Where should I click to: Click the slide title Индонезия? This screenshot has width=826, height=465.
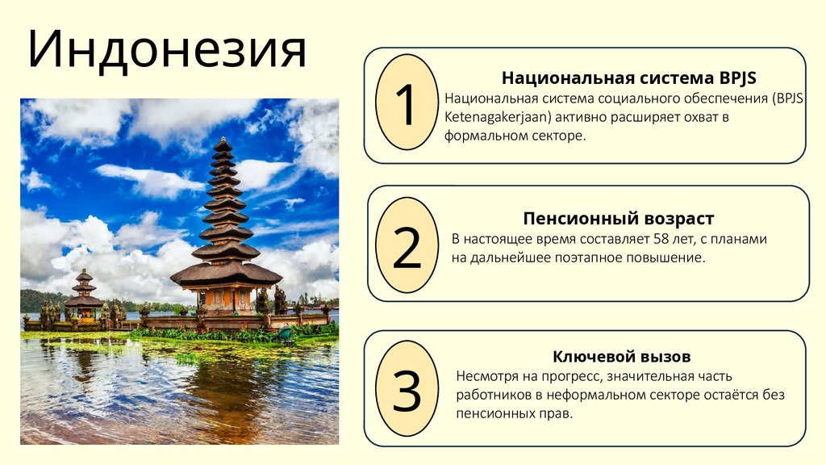(x=167, y=51)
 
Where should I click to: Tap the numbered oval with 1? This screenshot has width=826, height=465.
(x=407, y=103)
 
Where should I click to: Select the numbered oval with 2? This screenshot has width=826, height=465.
(x=407, y=246)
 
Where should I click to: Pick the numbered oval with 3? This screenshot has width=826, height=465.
(x=407, y=390)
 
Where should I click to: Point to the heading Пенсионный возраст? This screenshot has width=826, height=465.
(x=619, y=219)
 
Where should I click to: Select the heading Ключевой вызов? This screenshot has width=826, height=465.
(x=622, y=357)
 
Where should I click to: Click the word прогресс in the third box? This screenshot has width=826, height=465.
(x=570, y=376)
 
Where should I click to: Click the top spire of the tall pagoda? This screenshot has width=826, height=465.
(x=223, y=144)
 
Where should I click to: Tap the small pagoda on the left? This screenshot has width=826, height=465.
(x=84, y=295)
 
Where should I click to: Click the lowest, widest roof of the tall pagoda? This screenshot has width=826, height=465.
(x=225, y=274)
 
